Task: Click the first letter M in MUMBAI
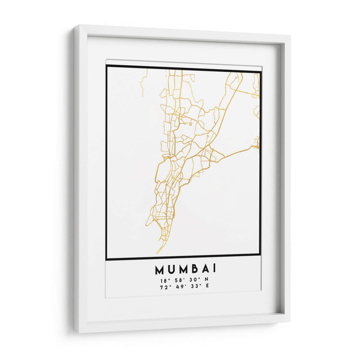[160, 270]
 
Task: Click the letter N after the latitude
[207, 281]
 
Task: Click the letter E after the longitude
[207, 287]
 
